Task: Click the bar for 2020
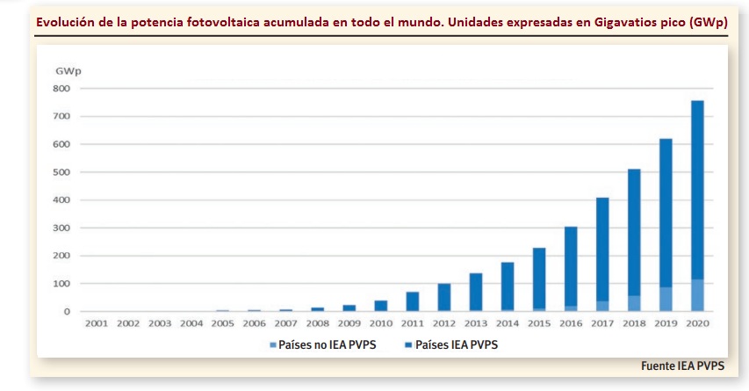(x=697, y=206)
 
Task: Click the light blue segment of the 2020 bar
(x=697, y=295)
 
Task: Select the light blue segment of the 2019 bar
(x=666, y=299)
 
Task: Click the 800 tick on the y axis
(x=61, y=89)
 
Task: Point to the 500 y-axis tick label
(x=61, y=172)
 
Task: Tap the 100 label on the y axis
(x=61, y=284)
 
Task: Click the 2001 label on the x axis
(x=97, y=323)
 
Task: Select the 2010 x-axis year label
(x=381, y=323)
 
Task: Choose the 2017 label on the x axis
(x=602, y=323)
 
